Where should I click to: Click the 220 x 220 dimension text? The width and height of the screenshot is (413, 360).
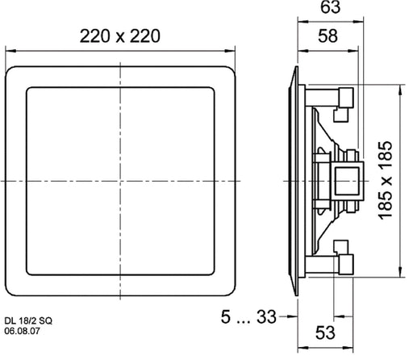coord(120,36)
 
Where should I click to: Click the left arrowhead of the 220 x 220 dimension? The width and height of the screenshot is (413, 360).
coord(10,52)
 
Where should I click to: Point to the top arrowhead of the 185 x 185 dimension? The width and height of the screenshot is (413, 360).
coord(400,84)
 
